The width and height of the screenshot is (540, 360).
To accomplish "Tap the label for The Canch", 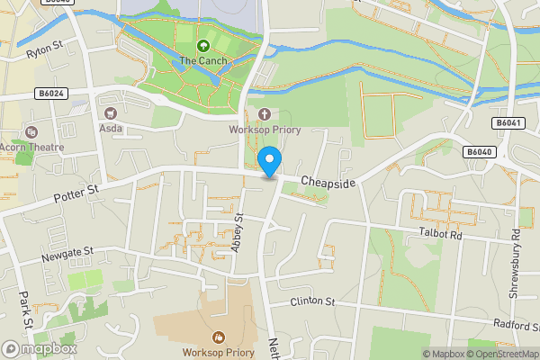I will [x=202, y=60].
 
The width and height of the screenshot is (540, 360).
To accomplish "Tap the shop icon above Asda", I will [x=112, y=113].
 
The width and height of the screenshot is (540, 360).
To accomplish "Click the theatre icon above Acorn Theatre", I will [x=33, y=131].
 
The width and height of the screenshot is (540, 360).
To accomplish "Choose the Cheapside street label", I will [x=328, y=183].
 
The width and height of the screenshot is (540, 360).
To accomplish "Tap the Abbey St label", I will [x=238, y=233].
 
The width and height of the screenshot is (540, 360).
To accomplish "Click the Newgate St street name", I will [x=67, y=258].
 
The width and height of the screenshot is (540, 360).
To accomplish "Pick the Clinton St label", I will [x=312, y=301].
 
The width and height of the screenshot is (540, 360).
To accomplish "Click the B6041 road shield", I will [x=508, y=122].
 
